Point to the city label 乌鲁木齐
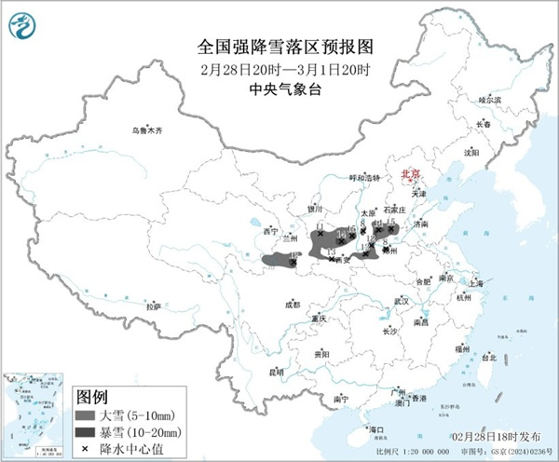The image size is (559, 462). [x=146, y=131]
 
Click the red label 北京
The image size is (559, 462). [x=410, y=174]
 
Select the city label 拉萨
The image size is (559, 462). [x=154, y=306]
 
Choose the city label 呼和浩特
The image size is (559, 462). [x=365, y=177]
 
